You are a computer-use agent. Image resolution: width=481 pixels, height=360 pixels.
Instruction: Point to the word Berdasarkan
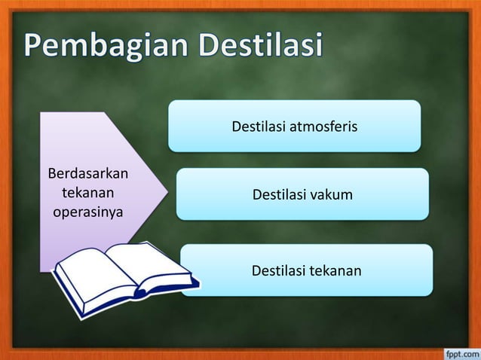point(88,175)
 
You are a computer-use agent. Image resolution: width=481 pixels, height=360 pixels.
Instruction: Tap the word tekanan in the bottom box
point(335,270)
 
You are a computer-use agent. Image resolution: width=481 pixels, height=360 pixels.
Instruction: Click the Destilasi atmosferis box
point(294,126)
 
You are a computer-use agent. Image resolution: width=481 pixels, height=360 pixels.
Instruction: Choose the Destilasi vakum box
point(302,195)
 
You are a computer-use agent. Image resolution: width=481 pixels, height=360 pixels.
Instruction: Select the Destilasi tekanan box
point(307,270)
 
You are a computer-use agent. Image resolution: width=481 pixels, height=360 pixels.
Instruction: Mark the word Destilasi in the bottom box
point(278,270)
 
